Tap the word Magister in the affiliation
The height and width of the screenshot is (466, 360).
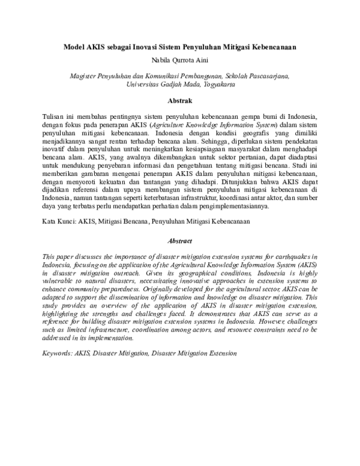(82, 76)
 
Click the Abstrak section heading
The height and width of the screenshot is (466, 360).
(179, 101)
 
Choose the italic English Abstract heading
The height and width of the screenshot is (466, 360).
(179, 241)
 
